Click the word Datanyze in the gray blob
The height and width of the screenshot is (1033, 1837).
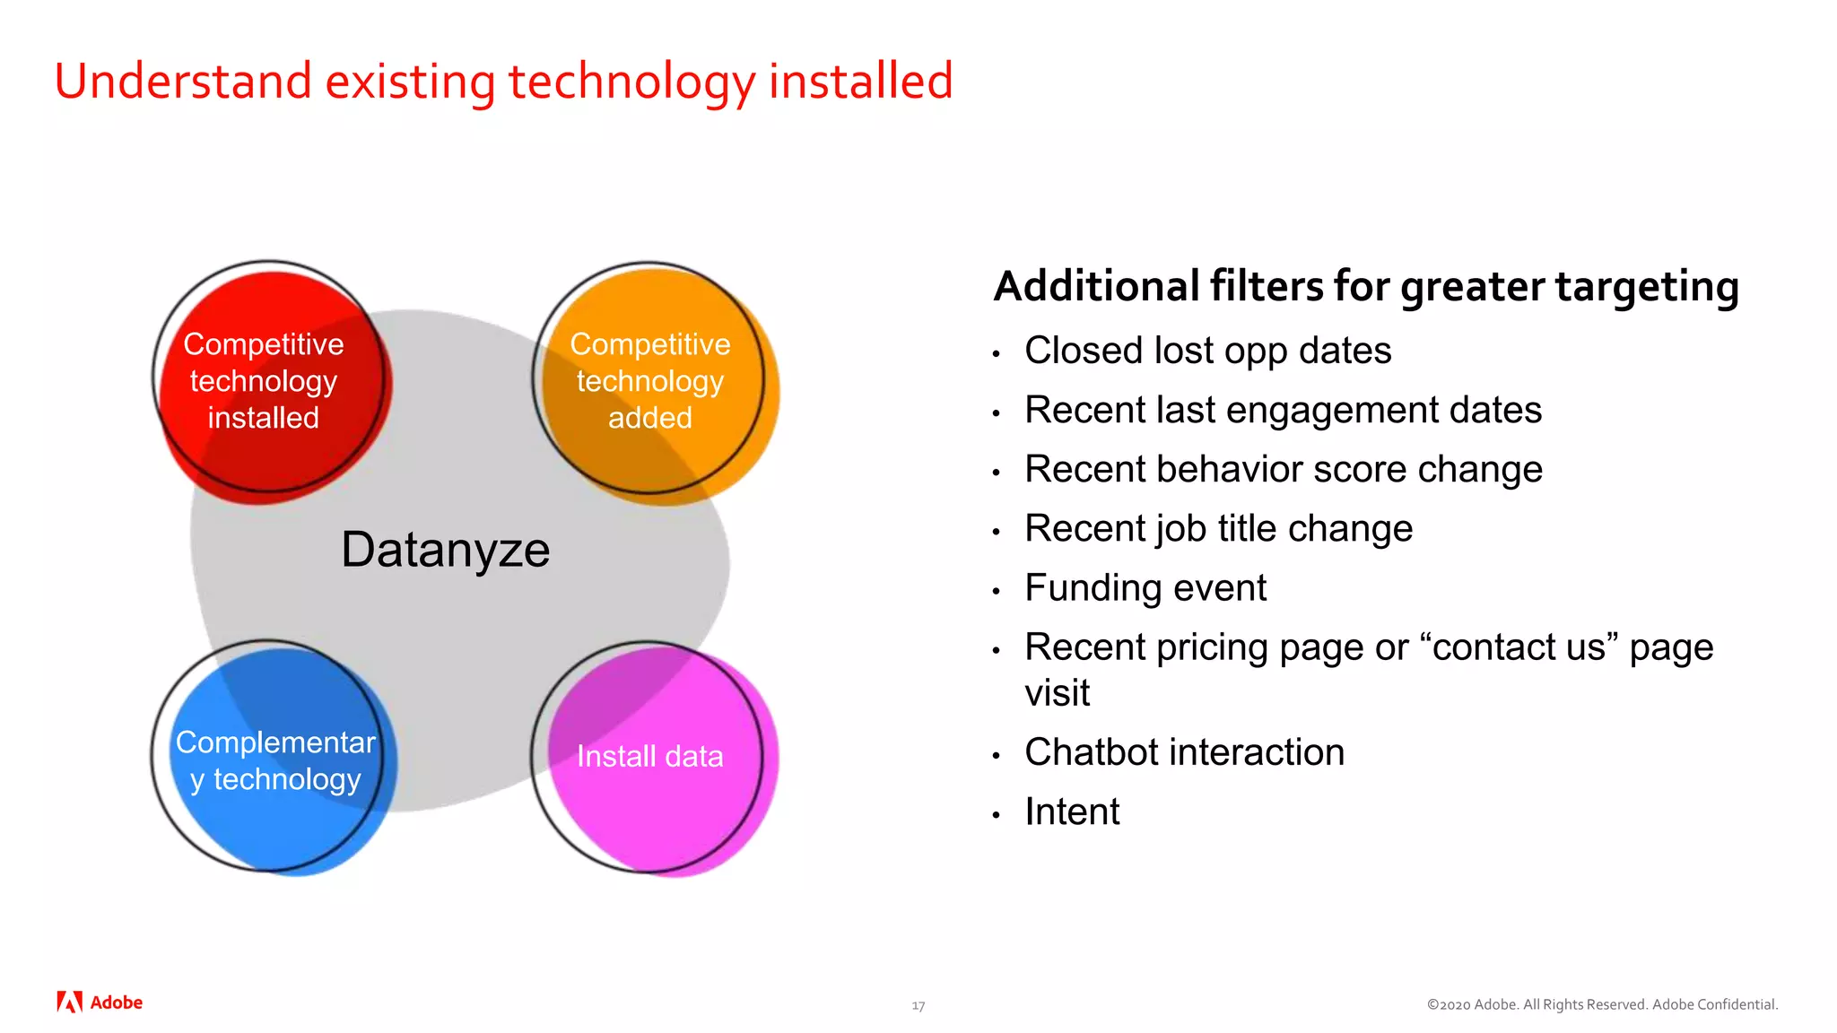(x=445, y=550)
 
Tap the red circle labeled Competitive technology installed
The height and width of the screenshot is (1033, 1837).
(x=266, y=381)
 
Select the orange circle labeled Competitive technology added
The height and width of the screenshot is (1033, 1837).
(x=651, y=381)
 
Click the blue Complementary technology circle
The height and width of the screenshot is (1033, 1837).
(x=274, y=760)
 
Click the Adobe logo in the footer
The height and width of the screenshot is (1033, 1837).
(x=100, y=1003)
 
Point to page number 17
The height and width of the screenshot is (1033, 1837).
(x=918, y=1006)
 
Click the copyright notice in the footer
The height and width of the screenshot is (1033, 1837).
(x=1602, y=1004)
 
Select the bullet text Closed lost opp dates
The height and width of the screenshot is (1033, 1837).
(x=1207, y=351)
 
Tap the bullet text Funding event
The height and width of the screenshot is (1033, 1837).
(x=1145, y=588)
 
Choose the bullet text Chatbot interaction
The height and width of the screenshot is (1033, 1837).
(x=1184, y=752)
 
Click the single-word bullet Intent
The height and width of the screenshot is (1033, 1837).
(x=1072, y=812)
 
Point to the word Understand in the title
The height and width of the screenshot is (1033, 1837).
(x=182, y=81)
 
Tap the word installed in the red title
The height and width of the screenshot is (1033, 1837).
(x=860, y=81)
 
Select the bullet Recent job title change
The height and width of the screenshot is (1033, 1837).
(x=1218, y=529)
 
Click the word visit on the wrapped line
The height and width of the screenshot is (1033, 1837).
(x=1057, y=693)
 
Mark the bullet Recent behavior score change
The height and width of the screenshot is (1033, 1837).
(x=1283, y=470)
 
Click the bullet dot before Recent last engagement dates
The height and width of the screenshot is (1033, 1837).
(x=996, y=413)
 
